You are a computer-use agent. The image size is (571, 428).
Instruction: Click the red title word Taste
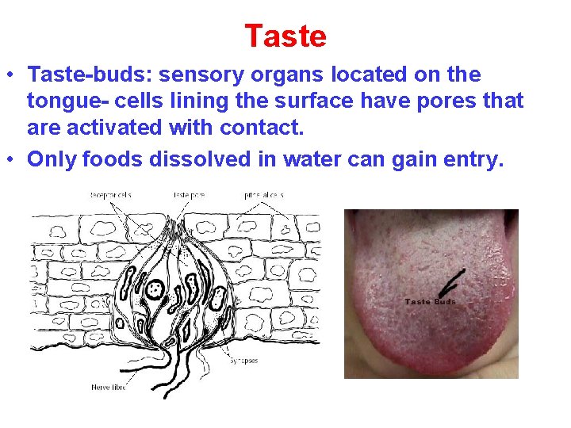(x=285, y=36)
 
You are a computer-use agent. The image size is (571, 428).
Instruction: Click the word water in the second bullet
(x=297, y=159)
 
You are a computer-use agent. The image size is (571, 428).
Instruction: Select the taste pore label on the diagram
(x=189, y=194)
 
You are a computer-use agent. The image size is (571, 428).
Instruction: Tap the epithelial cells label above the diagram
(x=264, y=194)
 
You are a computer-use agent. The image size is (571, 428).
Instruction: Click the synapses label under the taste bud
(x=243, y=361)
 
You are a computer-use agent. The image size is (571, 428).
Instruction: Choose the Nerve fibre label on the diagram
(x=108, y=387)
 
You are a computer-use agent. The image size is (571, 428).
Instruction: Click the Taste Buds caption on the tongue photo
(x=430, y=301)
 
